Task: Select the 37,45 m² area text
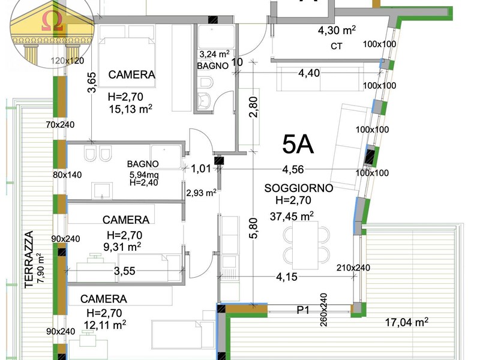(292, 216)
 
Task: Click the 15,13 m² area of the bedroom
(131, 109)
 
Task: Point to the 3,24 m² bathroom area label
(215, 54)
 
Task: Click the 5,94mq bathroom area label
(143, 175)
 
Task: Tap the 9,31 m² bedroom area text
(122, 247)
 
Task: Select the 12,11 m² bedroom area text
(105, 325)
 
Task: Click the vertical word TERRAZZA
(29, 259)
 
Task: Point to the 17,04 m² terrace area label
(407, 322)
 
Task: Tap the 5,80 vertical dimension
(254, 228)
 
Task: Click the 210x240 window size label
(353, 268)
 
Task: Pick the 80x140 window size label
(67, 175)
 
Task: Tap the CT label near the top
(337, 46)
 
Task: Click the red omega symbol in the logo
(52, 22)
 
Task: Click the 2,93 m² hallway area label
(202, 193)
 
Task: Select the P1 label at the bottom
(303, 310)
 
